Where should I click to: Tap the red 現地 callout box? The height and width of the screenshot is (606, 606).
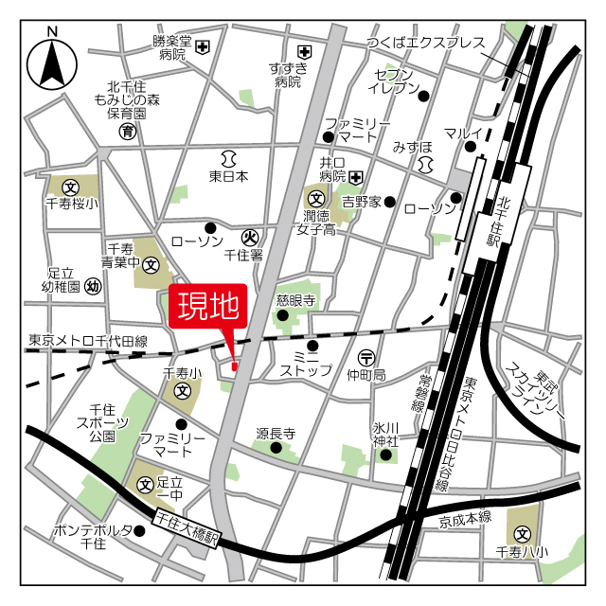pyautogui.click(x=207, y=307)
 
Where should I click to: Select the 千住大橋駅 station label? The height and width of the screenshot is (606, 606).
pyautogui.click(x=187, y=519)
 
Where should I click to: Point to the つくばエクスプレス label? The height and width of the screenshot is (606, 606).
pyautogui.click(x=427, y=44)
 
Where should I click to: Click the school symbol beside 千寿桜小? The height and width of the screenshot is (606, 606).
pyautogui.click(x=68, y=187)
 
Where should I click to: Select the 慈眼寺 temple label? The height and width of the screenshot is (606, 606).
pyautogui.click(x=294, y=299)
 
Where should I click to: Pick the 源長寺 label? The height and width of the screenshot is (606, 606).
pyautogui.click(x=276, y=434)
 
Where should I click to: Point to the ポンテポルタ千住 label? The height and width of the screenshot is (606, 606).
pyautogui.click(x=93, y=536)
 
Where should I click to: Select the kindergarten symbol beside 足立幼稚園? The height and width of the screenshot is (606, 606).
pyautogui.click(x=93, y=286)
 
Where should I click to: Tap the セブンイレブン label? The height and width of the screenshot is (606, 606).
pyautogui.click(x=396, y=81)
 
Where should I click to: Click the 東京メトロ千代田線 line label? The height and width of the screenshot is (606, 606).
pyautogui.click(x=87, y=340)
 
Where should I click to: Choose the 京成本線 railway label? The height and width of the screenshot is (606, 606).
pyautogui.click(x=464, y=517)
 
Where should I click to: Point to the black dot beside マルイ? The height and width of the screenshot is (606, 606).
pyautogui.click(x=470, y=146)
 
